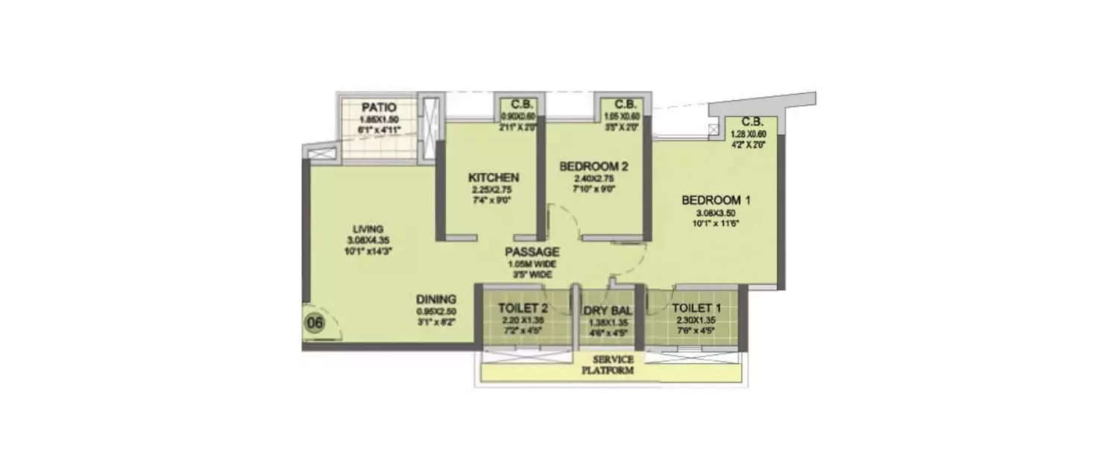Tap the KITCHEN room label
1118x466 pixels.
coord(493,177)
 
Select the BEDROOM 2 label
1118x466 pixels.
coord(593,166)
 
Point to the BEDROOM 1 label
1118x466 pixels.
coord(716,201)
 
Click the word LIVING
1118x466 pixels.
coord(369,228)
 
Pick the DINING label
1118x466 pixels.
coord(436,299)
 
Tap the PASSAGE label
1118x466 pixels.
coord(531,252)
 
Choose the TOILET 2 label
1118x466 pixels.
coord(522,308)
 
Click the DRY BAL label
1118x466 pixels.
coord(608,309)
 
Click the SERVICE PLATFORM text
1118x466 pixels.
coord(608,365)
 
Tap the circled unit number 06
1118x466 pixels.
coord(315,324)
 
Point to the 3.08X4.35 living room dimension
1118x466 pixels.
coord(369,240)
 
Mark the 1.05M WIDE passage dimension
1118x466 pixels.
coord(531,264)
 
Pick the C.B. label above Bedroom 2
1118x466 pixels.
coord(624,104)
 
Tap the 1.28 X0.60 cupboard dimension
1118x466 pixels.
coord(756,134)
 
